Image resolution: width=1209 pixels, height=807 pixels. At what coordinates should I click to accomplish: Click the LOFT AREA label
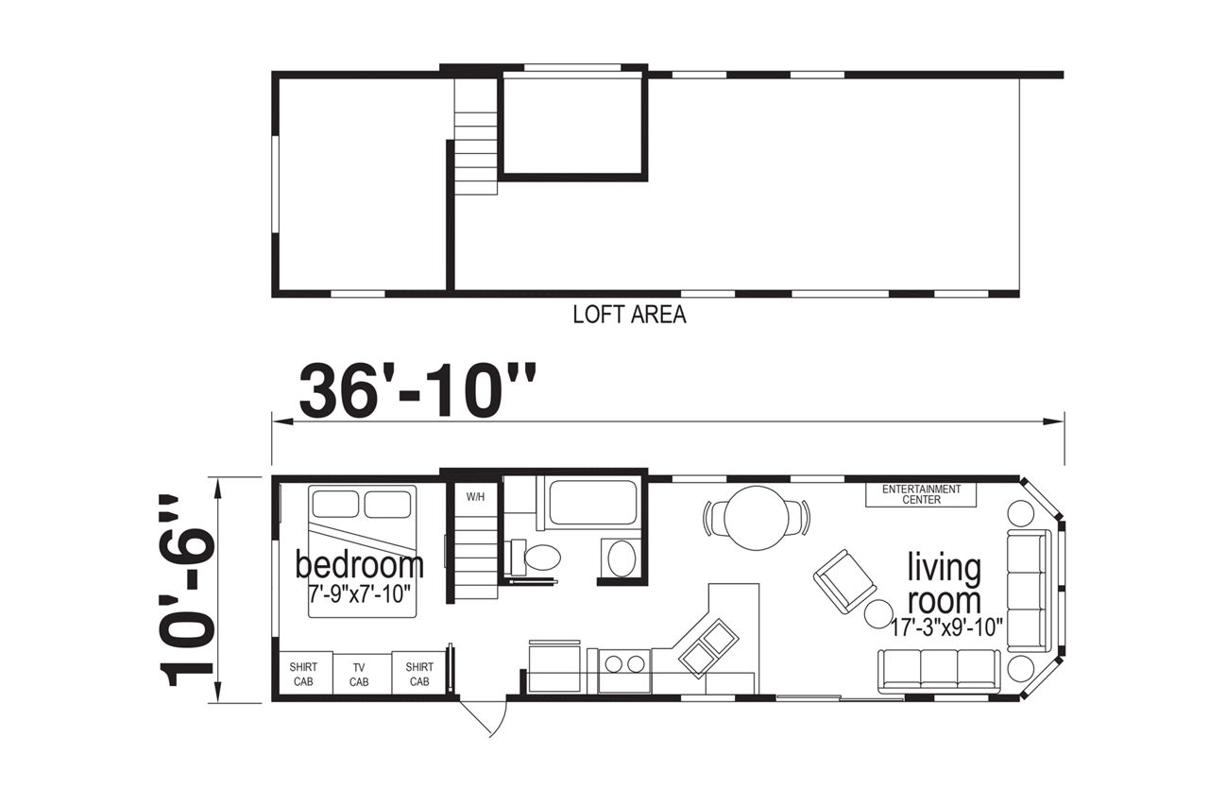coord(629,315)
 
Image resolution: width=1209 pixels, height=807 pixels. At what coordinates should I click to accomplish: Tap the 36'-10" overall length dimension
coord(417,390)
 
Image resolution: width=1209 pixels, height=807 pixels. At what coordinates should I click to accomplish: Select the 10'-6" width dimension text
coord(187,590)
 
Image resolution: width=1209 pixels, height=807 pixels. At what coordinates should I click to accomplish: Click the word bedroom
coord(359,565)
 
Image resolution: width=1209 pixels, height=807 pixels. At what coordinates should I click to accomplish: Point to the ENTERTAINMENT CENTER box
coord(921,494)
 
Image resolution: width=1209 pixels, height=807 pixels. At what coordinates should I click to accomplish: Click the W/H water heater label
coord(475,497)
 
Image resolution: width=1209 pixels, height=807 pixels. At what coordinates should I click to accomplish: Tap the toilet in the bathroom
coord(535,557)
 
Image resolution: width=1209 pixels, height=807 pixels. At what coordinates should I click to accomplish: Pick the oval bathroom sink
coord(622,558)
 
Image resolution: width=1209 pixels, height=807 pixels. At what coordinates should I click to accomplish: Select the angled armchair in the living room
coord(844,581)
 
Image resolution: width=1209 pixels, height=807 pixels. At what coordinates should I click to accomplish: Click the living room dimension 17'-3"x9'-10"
coord(947,627)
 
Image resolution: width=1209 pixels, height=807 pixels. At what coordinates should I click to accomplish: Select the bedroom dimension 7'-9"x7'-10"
coord(360,594)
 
